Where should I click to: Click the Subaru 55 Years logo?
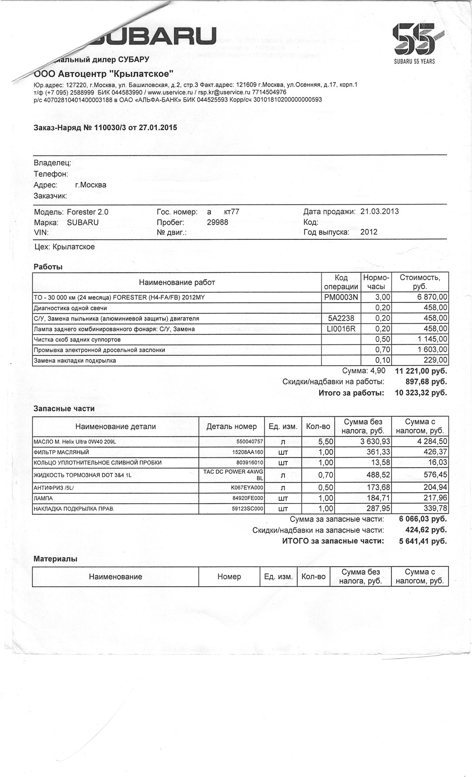(x=414, y=43)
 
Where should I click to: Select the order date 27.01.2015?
(x=158, y=128)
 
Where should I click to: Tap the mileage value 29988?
(x=217, y=222)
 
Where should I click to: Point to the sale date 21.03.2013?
(x=379, y=212)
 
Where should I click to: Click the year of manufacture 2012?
(x=369, y=232)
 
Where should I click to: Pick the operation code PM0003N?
(x=341, y=297)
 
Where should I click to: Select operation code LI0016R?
(x=341, y=329)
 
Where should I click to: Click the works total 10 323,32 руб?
(x=421, y=393)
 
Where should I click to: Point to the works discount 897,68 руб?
(x=426, y=382)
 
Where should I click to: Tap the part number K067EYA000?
(x=247, y=488)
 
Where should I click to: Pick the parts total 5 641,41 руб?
(x=423, y=541)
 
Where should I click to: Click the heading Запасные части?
(x=64, y=408)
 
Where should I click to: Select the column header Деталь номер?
(x=232, y=426)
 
